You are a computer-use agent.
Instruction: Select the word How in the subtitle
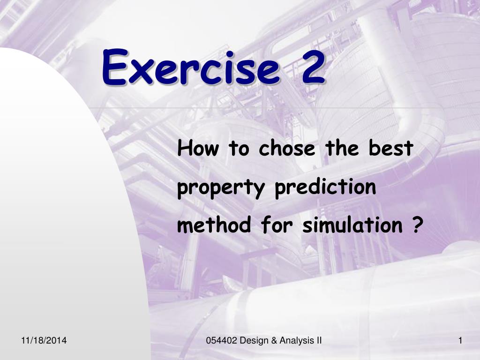pos(198,148)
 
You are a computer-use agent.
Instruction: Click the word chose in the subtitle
pos(287,148)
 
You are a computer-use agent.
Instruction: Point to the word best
pos(390,148)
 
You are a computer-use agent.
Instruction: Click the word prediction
pos(325,187)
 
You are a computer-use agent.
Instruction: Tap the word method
pos(214,225)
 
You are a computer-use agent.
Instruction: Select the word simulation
pos(352,225)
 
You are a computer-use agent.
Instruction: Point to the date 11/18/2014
pos(44,340)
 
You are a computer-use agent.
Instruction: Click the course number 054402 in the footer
pos(222,340)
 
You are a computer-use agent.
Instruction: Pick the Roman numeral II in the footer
pos(319,340)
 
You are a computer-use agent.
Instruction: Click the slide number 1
pos(460,340)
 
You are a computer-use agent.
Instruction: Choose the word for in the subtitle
pos(277,225)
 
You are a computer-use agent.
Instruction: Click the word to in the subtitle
pos(239,149)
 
